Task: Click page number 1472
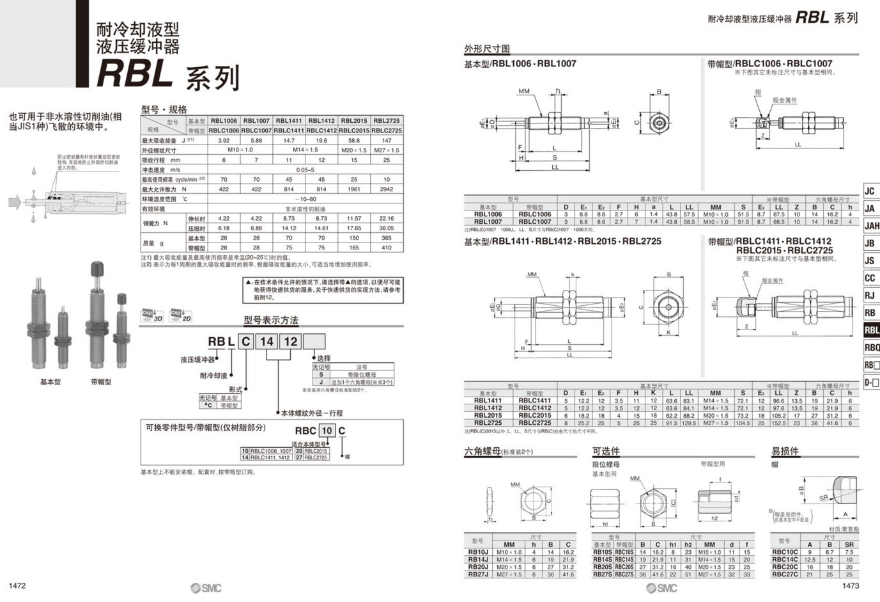coord(17,586)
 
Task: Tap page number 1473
coord(851,586)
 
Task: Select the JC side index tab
coord(870,191)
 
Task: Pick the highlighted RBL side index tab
coord(872,330)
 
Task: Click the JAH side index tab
coord(872,226)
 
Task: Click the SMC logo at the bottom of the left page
coord(206,588)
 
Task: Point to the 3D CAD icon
coord(152,315)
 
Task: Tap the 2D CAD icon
coord(181,315)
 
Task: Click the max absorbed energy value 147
coord(387,140)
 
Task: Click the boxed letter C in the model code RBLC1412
coord(245,342)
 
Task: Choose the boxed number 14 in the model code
coord(266,342)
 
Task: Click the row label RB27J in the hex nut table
coord(478,574)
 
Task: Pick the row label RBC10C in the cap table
coord(785,551)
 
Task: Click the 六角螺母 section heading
coord(482,452)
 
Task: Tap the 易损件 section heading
coord(785,452)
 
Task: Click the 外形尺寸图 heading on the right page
coord(487,49)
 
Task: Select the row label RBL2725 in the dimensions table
coord(488,423)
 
